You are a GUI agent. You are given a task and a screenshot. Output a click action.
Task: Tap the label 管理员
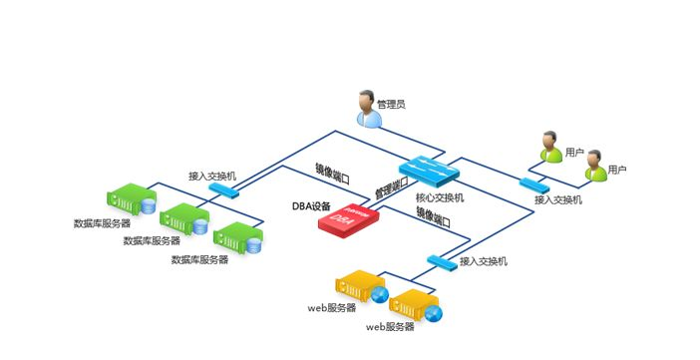392,104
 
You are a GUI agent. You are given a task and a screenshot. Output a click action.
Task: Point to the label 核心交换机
439,197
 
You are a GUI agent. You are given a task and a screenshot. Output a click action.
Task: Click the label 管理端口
392,187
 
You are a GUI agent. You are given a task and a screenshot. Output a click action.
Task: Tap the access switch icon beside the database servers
223,190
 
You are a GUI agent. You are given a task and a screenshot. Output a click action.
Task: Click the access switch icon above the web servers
440,261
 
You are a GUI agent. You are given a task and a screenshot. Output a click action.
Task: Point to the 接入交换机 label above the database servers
212,176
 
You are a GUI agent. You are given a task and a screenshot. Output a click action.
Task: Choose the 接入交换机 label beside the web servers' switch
485,261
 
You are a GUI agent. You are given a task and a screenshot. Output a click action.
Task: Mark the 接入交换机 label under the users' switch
558,199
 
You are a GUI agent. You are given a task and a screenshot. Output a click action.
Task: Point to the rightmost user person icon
596,166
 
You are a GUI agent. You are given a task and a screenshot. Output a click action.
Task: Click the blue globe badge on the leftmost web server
380,296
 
